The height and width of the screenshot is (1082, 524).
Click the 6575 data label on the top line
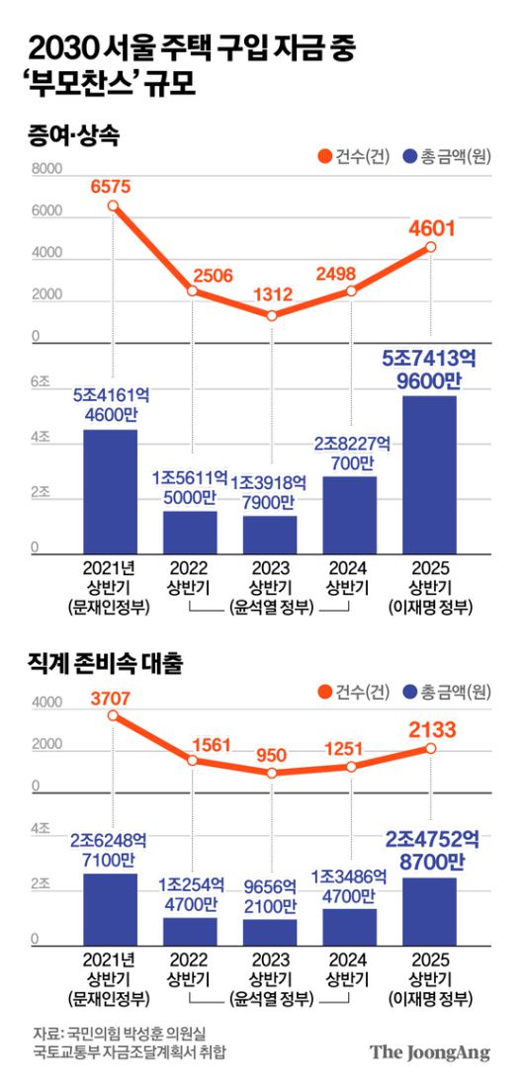pos(111,186)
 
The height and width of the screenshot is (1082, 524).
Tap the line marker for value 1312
pos(272,315)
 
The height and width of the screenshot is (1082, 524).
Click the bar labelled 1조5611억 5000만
pos(191,531)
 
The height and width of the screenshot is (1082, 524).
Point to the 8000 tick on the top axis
pos(45,171)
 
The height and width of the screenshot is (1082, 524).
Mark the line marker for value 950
pos(272,772)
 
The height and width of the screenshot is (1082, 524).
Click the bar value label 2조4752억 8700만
pos(432,850)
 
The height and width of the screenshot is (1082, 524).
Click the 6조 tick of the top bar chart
pos(41,382)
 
